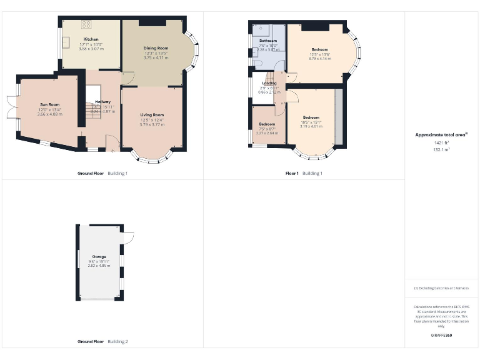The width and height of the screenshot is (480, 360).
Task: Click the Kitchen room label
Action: pos(91,39)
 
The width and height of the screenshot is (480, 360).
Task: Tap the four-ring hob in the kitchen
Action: pos(86,25)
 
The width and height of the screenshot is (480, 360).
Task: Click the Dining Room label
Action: pos(156,48)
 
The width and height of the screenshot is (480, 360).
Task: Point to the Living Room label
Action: pos(152,115)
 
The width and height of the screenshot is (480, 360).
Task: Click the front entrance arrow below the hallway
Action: pos(111,149)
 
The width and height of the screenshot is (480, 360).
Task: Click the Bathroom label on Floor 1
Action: pos(268,41)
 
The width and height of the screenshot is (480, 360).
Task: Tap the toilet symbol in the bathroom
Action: pos(257,62)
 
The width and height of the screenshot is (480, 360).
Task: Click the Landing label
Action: pos(269,83)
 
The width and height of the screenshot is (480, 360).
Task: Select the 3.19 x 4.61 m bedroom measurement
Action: pos(311,126)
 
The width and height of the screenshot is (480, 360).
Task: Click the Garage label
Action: pos(99,257)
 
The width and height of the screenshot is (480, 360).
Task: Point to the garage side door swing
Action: pos(128,237)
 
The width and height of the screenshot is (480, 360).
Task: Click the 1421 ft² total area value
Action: pos(442,143)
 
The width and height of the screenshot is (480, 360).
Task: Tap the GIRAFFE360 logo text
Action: pos(441,336)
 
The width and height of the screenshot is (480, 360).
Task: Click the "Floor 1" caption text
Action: pos(292,173)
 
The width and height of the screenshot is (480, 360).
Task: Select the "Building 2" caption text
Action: pos(117,342)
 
